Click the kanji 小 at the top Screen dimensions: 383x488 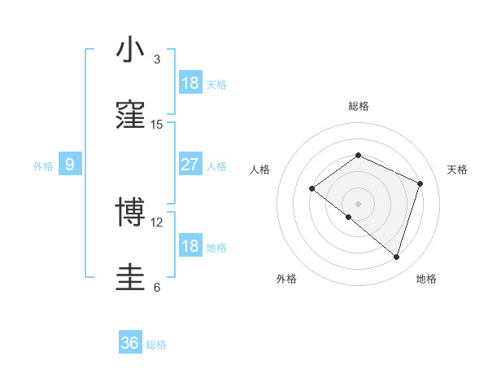(x=131, y=51)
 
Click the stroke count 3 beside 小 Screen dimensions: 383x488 (x=157, y=59)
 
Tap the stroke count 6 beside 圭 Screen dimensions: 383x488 (x=157, y=288)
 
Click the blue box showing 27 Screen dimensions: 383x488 (x=190, y=165)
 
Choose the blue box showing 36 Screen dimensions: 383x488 (x=130, y=343)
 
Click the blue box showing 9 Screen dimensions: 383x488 (x=70, y=165)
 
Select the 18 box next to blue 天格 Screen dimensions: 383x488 (x=190, y=83)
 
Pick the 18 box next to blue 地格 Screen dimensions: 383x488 (x=190, y=246)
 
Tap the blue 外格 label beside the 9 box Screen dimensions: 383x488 (x=43, y=166)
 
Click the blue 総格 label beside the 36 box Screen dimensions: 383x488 (x=156, y=345)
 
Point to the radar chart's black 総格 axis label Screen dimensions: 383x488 (x=358, y=106)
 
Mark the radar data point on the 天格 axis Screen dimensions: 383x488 (x=420, y=183)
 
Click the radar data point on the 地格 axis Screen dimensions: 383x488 (x=396, y=257)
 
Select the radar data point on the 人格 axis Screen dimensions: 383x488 (x=312, y=189)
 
